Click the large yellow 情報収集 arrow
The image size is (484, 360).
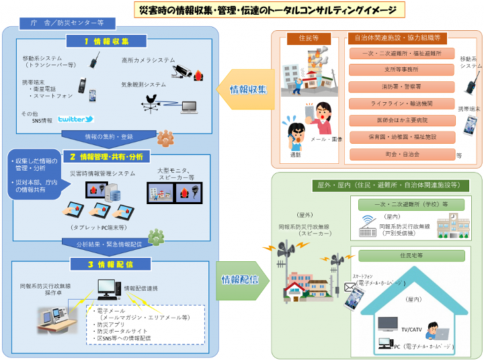[x=246, y=89]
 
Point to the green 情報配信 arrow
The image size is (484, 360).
[x=243, y=279]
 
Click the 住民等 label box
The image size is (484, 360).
[x=309, y=38]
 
